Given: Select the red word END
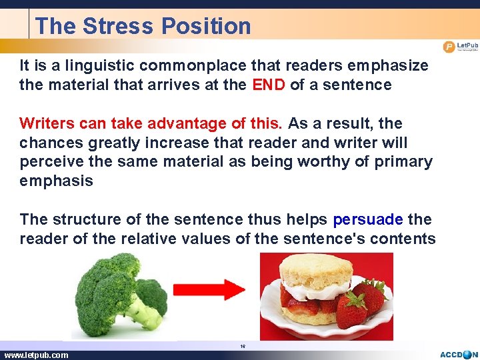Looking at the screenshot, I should pos(269,85).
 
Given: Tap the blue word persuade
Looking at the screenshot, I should pos(368,219).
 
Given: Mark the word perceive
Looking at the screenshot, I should pos(48,162).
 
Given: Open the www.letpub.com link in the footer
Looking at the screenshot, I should pos(36,355).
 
